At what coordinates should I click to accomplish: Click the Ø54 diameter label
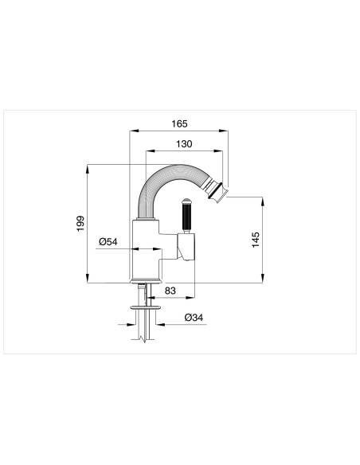109,242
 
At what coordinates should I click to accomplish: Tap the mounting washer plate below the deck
141,307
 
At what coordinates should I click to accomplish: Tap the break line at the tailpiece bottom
142,339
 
